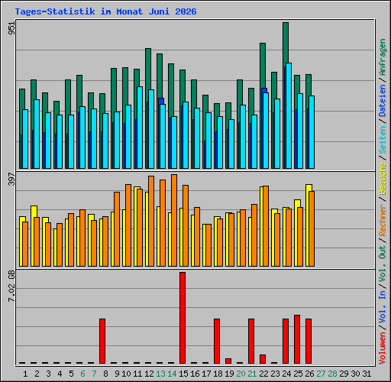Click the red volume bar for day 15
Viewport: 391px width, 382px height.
[x=183, y=318]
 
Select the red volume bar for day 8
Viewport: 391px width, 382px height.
[x=102, y=341]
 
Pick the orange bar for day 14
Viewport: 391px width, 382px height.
[x=174, y=221]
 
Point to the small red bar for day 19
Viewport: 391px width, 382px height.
[x=228, y=361]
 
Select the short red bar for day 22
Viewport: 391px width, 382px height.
[x=263, y=359]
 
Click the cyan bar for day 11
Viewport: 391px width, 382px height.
[x=140, y=128]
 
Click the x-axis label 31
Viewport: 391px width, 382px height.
[x=367, y=374]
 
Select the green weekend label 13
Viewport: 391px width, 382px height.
[x=160, y=374]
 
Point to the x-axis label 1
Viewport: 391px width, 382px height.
[x=25, y=374]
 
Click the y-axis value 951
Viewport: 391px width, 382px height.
[x=11, y=28]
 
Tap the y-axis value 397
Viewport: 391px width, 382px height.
[x=11, y=179]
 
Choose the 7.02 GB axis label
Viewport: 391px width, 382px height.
[x=11, y=286]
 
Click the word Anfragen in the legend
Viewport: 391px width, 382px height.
[x=383, y=57]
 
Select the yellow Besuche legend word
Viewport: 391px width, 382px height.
[x=383, y=180]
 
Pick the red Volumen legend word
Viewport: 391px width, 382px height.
[x=383, y=348]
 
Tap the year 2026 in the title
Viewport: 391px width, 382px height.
[x=186, y=11]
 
